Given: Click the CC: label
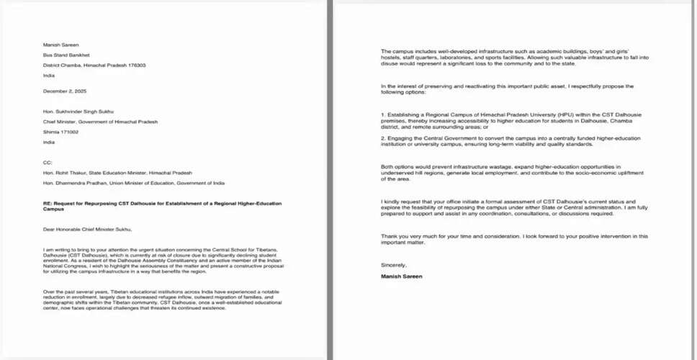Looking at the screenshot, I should pos(48,163).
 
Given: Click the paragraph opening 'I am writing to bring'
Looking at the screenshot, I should pos(162,258).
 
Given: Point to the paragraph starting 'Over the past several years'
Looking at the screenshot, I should pos(162,300).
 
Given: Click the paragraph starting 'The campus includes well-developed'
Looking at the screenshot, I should pos(507,56).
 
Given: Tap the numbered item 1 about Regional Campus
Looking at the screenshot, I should pos(507,119).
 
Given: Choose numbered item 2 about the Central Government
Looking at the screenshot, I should pos(507,140).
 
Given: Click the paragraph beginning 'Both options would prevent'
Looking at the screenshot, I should pos(507,172).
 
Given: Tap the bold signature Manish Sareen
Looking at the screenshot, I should pos(402,276).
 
